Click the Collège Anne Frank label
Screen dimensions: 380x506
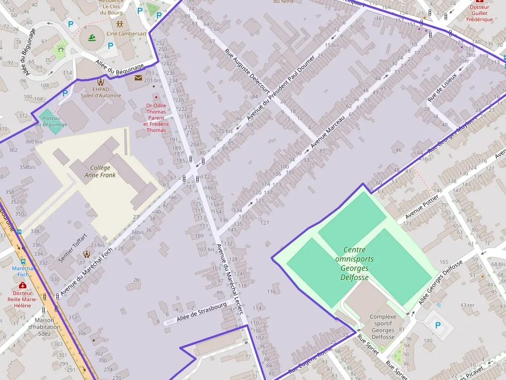click(x=100, y=171)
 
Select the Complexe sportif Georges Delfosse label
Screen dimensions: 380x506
click(x=383, y=327)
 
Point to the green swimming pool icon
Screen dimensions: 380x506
click(x=91, y=38)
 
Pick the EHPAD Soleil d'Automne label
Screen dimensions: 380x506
click(x=101, y=92)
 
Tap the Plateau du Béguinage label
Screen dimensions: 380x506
click(x=51, y=121)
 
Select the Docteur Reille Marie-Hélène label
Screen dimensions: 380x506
click(x=23, y=299)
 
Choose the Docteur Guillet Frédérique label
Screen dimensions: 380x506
click(x=480, y=13)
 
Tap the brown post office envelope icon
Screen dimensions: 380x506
click(x=138, y=78)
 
